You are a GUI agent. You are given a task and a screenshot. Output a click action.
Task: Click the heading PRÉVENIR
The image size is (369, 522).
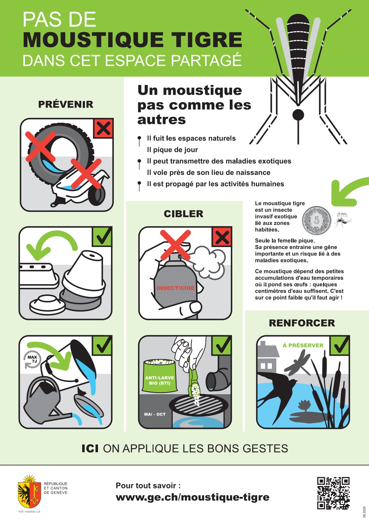click(x=66, y=105)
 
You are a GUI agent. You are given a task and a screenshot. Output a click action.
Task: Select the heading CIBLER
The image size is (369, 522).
click(x=183, y=214)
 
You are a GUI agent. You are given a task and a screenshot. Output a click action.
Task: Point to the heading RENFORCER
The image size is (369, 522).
click(x=302, y=323)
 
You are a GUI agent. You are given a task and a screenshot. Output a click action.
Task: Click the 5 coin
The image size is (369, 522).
click(x=317, y=220)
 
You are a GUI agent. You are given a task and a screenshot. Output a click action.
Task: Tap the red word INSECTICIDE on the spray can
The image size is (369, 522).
click(x=176, y=288)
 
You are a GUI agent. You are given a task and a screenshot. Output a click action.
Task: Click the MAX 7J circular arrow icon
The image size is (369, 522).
click(x=32, y=359)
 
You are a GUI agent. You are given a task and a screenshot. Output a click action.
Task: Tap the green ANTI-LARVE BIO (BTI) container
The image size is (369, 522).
click(x=159, y=376)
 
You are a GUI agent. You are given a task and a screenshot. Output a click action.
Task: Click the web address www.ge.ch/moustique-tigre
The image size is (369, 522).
click(x=193, y=497)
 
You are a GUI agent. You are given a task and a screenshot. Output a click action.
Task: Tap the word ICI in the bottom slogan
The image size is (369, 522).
click(x=90, y=448)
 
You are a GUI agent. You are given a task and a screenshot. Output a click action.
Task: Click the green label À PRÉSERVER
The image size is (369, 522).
click(x=303, y=345)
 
